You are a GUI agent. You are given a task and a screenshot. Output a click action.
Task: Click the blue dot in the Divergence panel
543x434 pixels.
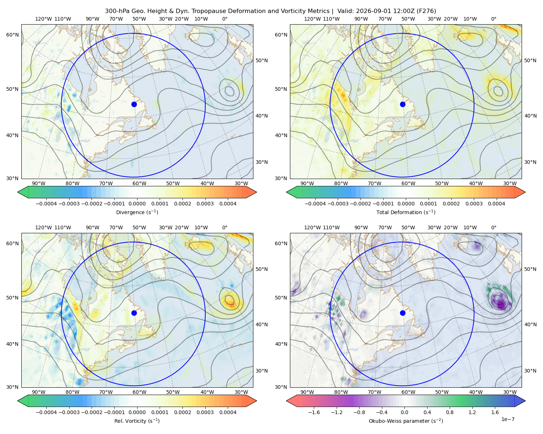[x=134, y=104]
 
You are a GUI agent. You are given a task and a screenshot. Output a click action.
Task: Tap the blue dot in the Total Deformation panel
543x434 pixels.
[x=403, y=104]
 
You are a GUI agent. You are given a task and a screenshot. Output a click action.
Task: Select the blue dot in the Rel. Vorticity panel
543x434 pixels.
[x=134, y=313]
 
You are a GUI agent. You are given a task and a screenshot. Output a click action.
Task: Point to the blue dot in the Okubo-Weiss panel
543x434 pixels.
[x=403, y=313]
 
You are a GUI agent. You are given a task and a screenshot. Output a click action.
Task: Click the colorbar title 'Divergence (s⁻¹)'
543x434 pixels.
[x=137, y=212]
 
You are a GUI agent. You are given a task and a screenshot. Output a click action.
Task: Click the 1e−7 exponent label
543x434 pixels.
[x=508, y=419]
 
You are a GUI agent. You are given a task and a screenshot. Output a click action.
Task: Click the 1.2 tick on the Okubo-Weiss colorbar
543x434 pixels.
[x=472, y=412]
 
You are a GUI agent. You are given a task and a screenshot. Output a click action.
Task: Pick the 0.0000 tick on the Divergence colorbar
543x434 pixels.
[x=137, y=204]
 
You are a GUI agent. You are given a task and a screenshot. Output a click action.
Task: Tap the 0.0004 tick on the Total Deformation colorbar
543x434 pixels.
[x=496, y=204]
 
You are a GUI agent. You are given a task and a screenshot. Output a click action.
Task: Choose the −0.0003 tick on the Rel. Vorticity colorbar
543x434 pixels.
[x=69, y=412]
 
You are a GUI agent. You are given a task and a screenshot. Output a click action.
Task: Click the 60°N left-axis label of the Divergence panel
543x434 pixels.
[x=12, y=35]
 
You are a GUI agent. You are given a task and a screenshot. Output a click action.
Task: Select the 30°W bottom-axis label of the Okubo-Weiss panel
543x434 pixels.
[x=510, y=392]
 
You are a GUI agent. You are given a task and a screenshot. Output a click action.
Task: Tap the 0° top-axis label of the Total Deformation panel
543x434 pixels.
[x=493, y=19]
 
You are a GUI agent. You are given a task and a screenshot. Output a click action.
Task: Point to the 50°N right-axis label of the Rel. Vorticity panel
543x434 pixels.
[x=262, y=269]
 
